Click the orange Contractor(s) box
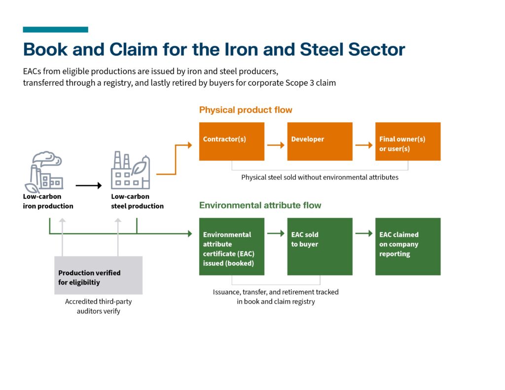(232, 142)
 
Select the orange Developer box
(320, 142)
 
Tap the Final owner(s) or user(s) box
(408, 142)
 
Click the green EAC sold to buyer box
(320, 247)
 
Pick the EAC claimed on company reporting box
(408, 247)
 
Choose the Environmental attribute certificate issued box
(232, 247)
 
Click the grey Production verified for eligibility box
(98, 275)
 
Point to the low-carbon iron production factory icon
(44, 172)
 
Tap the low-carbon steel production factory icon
(130, 170)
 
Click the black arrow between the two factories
(89, 185)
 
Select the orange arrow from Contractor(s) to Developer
(276, 145)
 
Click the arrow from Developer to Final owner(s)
(364, 145)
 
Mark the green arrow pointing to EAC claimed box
(364, 233)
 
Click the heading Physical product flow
(246, 110)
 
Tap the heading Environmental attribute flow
(260, 205)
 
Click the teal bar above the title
(55, 30)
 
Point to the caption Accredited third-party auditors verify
(98, 306)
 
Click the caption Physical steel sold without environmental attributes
(320, 177)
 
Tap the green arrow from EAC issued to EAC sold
(276, 233)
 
